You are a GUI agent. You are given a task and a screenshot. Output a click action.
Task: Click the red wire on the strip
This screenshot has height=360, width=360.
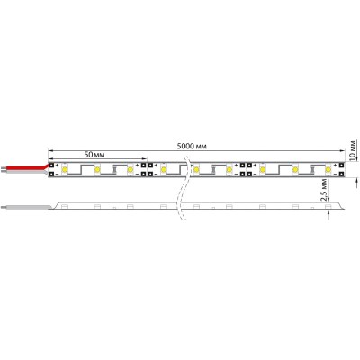(x=27, y=167)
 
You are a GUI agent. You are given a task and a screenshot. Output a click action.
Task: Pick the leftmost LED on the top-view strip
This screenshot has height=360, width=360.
(x=67, y=168)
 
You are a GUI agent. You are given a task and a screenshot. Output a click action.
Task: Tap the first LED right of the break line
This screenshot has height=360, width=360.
(x=196, y=168)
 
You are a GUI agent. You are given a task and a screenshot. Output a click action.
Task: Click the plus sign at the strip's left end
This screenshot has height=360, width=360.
(x=58, y=164)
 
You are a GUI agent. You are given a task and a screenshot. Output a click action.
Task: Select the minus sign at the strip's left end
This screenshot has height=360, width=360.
(x=58, y=174)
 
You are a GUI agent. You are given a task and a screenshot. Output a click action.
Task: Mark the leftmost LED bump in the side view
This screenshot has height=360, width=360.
(x=67, y=206)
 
